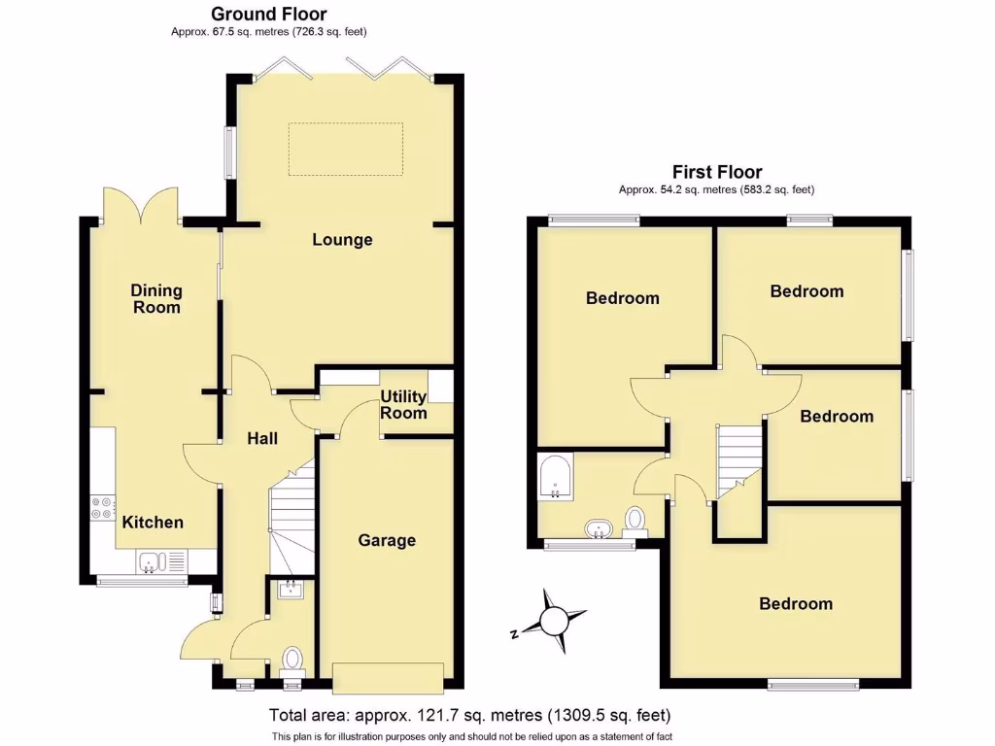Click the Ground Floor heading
[x=268, y=14]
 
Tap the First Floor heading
[x=716, y=172]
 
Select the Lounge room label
[x=342, y=239]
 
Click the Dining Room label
[x=156, y=298]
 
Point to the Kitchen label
[x=153, y=522]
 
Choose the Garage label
[x=387, y=540]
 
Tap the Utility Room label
[x=403, y=404]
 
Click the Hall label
[x=261, y=438]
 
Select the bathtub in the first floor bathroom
[x=554, y=476]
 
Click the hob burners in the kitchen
[x=100, y=508]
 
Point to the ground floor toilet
[x=292, y=660]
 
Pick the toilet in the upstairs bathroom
[x=635, y=520]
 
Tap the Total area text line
[x=469, y=716]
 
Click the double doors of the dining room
[x=142, y=205]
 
